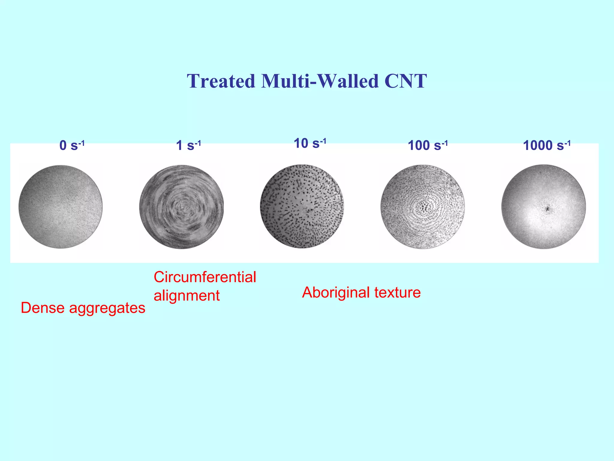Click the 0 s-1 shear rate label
pos(72,146)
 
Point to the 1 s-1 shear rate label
pos(188,146)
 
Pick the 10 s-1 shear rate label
pos(310,143)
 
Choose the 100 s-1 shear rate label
pos(428,146)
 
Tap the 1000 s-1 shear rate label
pos(547,146)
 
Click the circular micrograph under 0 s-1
pos(61,207)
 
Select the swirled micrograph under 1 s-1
pos(181,207)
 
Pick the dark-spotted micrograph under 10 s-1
pos(302,206)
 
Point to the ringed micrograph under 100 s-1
pos(423,207)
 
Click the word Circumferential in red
pos(205,277)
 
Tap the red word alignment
pos(186,296)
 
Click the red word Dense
pos(43,308)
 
